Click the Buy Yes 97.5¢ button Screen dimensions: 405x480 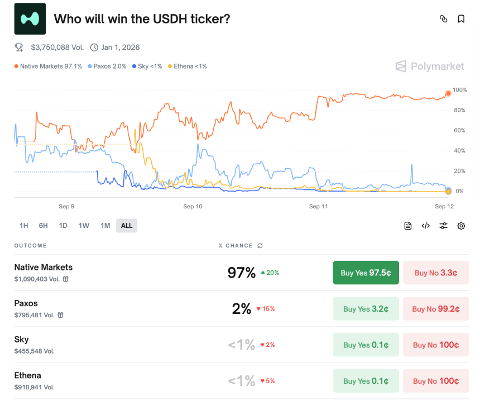(x=366, y=273)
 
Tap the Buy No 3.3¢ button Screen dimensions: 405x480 (x=436, y=273)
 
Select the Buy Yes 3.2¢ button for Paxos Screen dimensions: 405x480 (x=366, y=309)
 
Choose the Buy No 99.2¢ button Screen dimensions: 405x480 (x=436, y=309)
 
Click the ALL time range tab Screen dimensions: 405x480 (x=127, y=226)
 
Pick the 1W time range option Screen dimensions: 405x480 (x=84, y=226)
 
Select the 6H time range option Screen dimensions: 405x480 (x=44, y=226)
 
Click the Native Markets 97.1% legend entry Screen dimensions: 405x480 (x=49, y=66)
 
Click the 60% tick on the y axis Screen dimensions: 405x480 (x=459, y=131)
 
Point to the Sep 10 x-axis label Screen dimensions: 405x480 (x=193, y=207)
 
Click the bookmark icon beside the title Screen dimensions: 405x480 (x=461, y=19)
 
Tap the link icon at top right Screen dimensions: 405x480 (x=444, y=19)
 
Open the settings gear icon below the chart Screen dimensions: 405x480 (x=461, y=226)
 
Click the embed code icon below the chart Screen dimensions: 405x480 (x=425, y=226)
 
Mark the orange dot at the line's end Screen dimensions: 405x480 (x=448, y=93)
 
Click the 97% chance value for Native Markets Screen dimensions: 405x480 (x=241, y=273)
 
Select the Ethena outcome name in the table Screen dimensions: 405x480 (x=28, y=375)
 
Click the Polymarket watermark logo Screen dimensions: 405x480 (x=430, y=66)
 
